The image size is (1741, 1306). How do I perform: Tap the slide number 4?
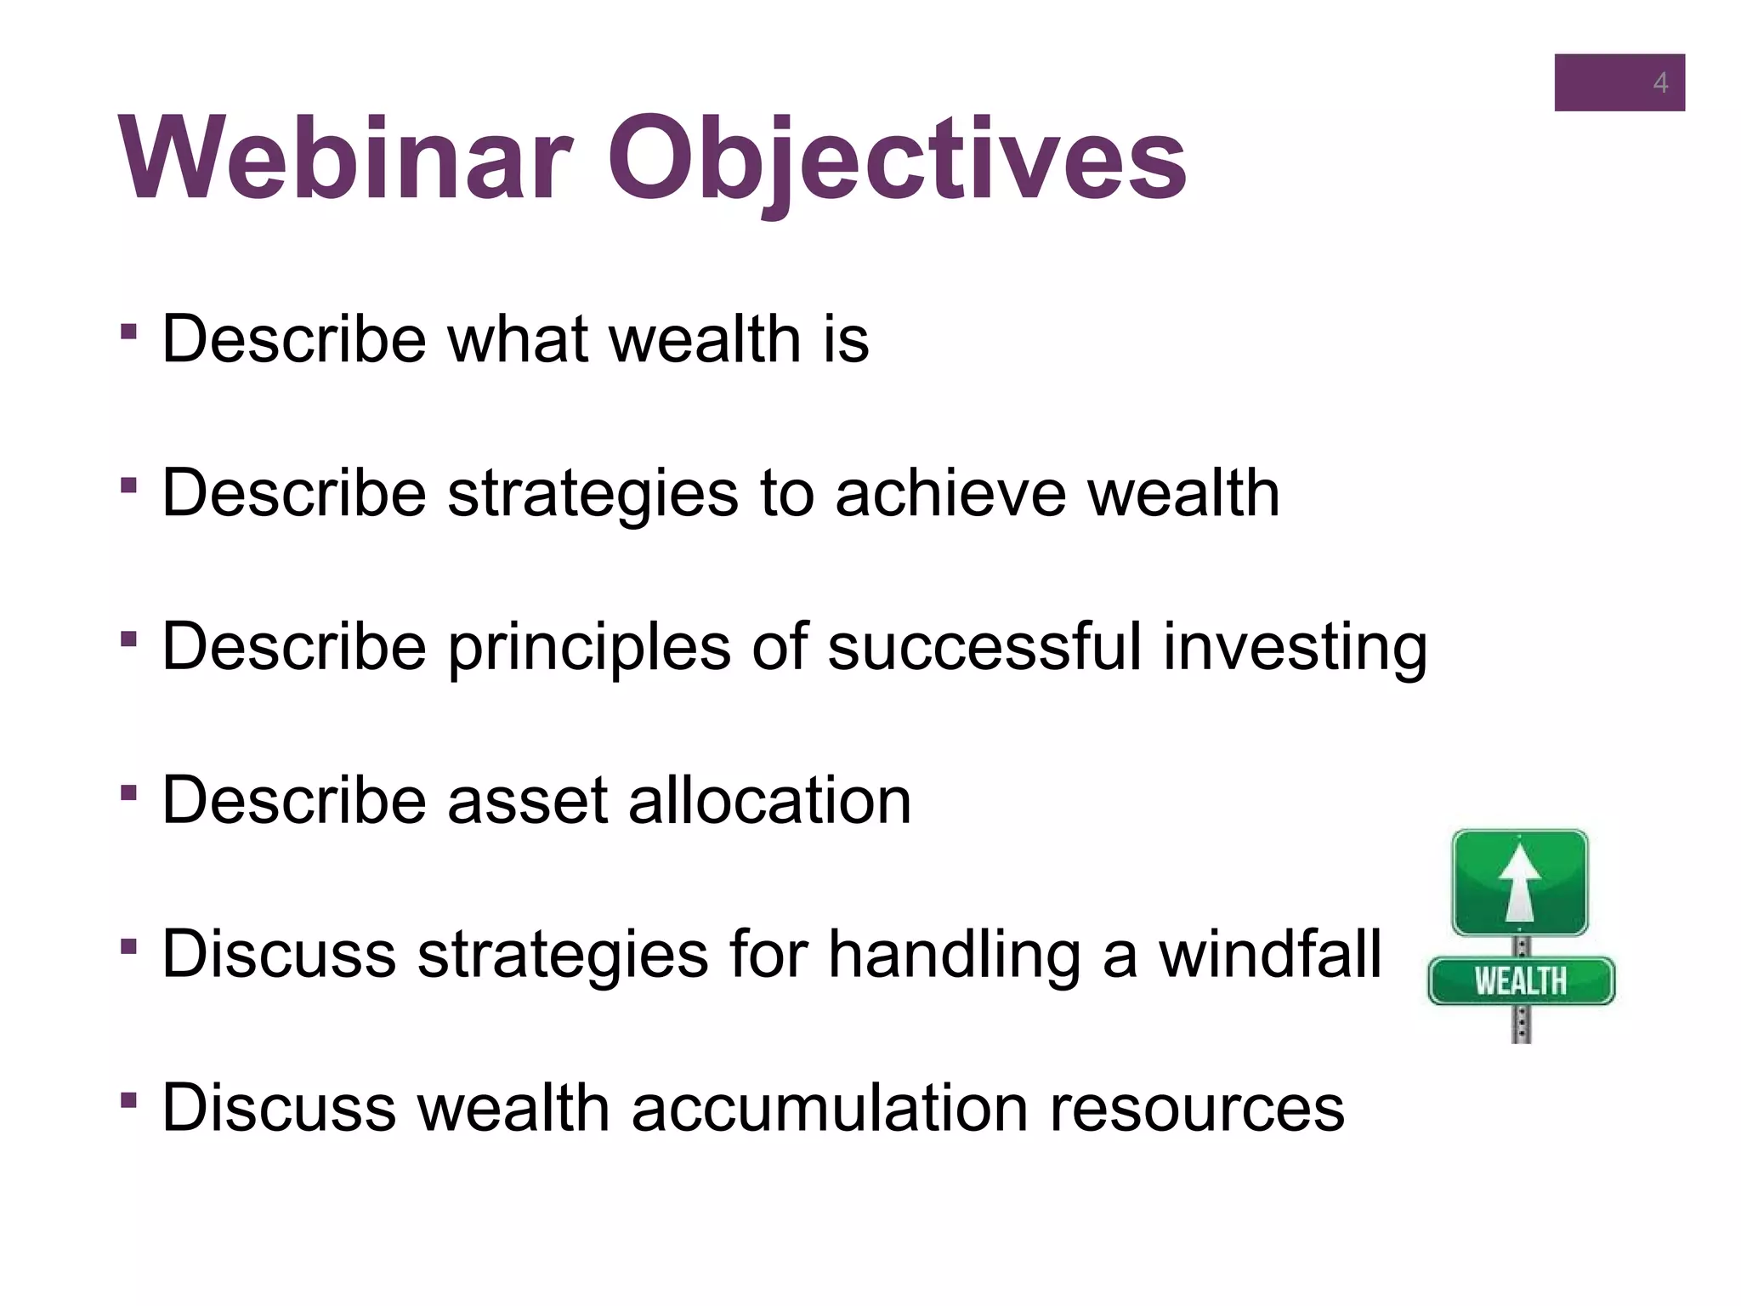[x=1659, y=83]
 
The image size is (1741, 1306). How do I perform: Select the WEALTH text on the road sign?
[x=1520, y=981]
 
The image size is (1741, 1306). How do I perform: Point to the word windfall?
[x=1270, y=954]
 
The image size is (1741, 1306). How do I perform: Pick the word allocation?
[x=769, y=800]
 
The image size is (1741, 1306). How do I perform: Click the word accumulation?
[x=830, y=1108]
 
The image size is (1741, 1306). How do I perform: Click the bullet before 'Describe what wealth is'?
[x=129, y=331]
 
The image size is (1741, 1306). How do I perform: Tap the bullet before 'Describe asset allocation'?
[x=129, y=793]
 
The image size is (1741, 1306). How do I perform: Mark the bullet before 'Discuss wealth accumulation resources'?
[x=129, y=1101]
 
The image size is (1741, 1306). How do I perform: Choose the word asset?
[x=527, y=802]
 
